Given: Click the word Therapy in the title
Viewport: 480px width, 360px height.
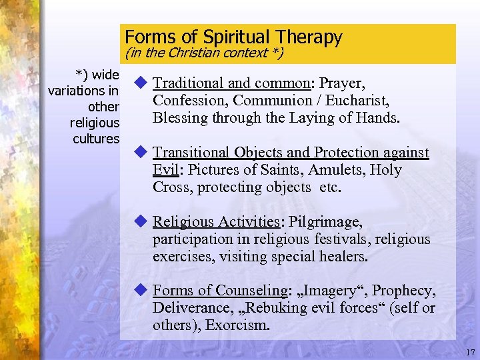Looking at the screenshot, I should [x=310, y=37].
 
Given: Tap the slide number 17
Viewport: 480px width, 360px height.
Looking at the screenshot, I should [x=469, y=351].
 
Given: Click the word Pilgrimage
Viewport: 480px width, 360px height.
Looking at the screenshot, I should [x=327, y=222].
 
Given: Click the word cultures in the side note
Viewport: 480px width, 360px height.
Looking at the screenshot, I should [x=96, y=139].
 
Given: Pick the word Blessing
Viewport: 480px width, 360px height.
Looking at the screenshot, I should [x=178, y=118].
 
